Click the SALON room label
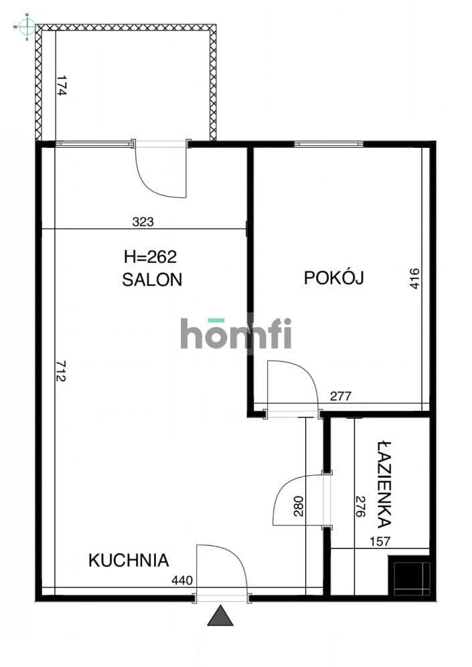pyautogui.click(x=152, y=280)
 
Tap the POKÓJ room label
pyautogui.click(x=334, y=278)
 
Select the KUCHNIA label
pyautogui.click(x=129, y=560)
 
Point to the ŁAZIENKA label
pyautogui.click(x=385, y=484)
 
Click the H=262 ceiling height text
pyautogui.click(x=150, y=256)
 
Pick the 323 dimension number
pyautogui.click(x=143, y=221)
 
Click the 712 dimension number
pyautogui.click(x=62, y=371)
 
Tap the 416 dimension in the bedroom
pyautogui.click(x=414, y=278)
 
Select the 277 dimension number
pyautogui.click(x=341, y=396)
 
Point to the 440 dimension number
pyautogui.click(x=182, y=580)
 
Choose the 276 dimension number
pyautogui.click(x=360, y=506)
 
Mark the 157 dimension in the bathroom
pyautogui.click(x=380, y=541)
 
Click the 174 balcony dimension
pyautogui.click(x=62, y=86)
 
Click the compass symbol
pyautogui.click(x=27, y=26)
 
